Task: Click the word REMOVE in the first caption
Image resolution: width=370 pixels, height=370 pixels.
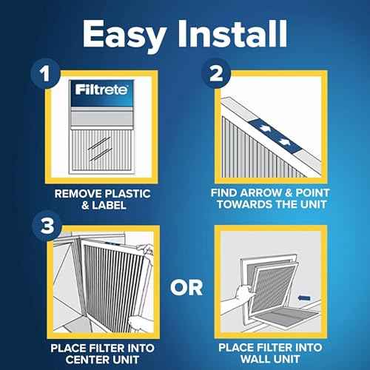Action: coord(80,193)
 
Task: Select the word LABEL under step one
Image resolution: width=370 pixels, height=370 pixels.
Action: coord(110,205)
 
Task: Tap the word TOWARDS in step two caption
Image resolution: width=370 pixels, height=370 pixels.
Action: coord(250,205)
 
